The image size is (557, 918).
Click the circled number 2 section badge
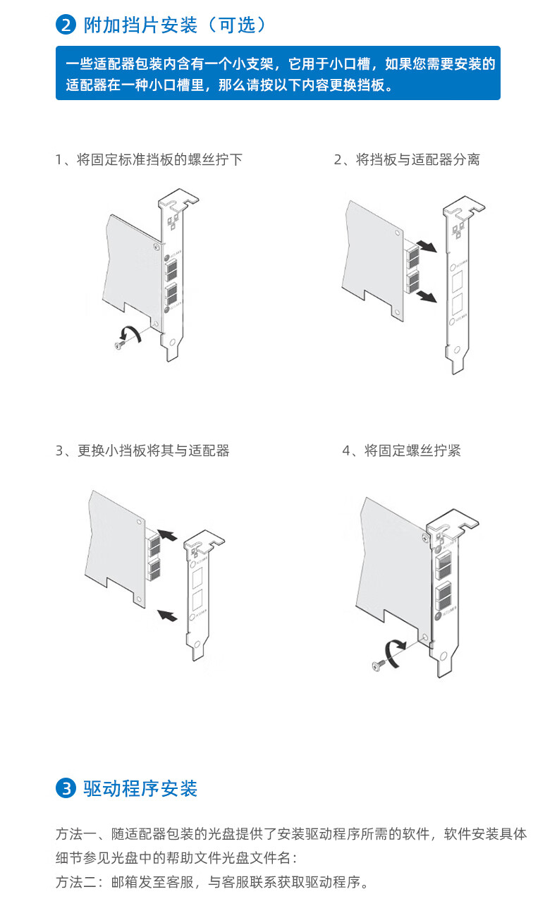pyautogui.click(x=66, y=26)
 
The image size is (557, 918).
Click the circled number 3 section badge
pyautogui.click(x=66, y=788)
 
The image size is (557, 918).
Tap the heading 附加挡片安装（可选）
pyautogui.click(x=175, y=26)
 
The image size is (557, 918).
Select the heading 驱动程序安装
pyautogui.click(x=140, y=788)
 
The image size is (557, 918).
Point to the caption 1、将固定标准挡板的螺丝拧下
pyautogui.click(x=149, y=160)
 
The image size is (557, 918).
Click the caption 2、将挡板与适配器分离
pyautogui.click(x=407, y=160)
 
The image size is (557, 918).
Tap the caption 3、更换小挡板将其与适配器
pyautogui.click(x=142, y=451)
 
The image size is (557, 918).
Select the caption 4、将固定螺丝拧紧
pyautogui.click(x=401, y=451)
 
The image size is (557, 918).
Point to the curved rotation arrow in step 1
pyautogui.click(x=132, y=333)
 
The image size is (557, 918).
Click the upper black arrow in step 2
pyautogui.click(x=425, y=247)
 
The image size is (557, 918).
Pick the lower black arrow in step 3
pyautogui.click(x=166, y=615)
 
